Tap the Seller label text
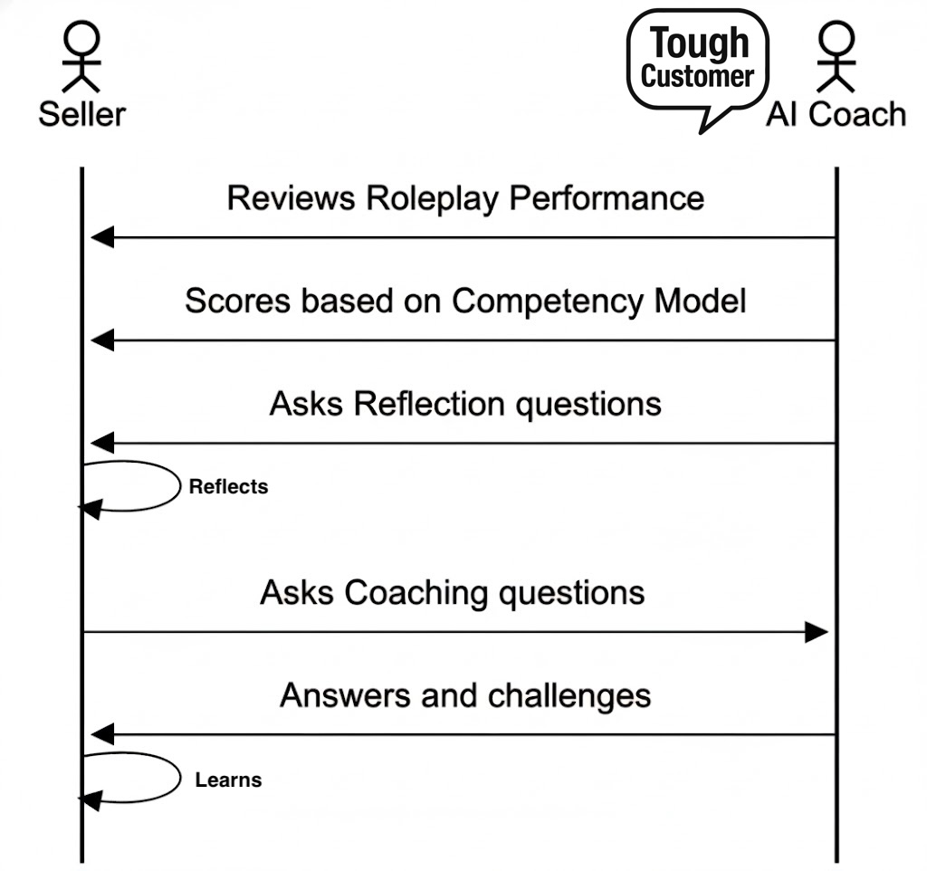pos(81,115)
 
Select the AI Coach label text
pos(835,115)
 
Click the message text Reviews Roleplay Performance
pos(465,198)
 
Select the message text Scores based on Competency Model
pos(465,301)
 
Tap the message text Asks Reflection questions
pos(465,404)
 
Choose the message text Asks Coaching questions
pos(453,593)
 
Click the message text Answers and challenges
pos(465,696)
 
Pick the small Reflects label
pos(228,487)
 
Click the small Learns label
pos(228,780)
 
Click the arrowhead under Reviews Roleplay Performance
pos(101,238)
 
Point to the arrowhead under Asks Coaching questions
pos(817,632)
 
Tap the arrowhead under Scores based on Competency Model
pos(101,341)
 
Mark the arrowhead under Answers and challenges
pos(101,734)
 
